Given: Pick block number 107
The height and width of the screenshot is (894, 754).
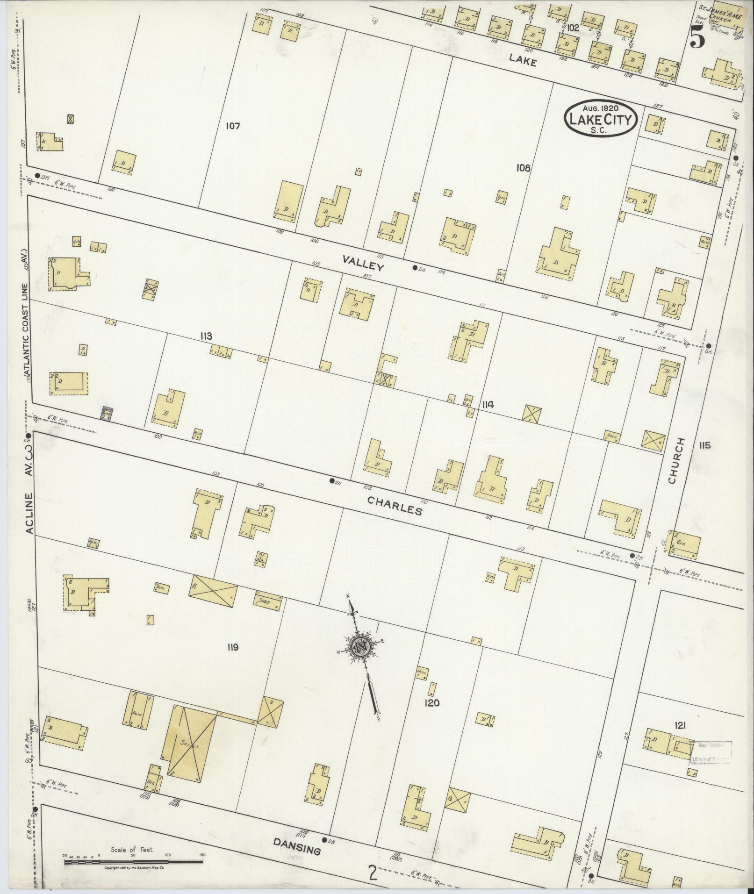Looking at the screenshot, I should tap(232, 126).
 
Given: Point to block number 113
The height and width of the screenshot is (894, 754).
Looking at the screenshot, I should tap(205, 336).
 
